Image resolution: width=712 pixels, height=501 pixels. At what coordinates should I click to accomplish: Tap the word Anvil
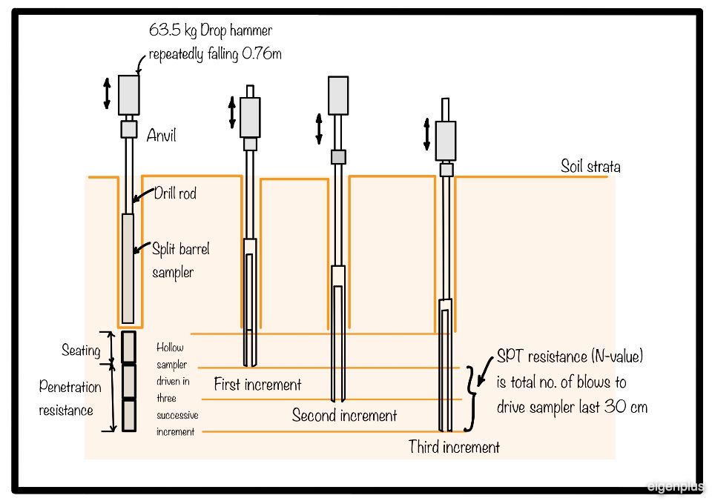(161, 136)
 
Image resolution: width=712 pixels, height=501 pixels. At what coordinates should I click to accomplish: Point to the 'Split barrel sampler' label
(180, 260)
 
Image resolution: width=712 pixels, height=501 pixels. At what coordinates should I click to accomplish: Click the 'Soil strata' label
(590, 166)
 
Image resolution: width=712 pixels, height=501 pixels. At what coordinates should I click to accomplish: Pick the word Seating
(81, 350)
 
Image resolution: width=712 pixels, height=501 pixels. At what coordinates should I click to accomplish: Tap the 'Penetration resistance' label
(70, 398)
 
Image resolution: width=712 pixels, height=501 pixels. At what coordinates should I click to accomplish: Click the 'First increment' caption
(257, 385)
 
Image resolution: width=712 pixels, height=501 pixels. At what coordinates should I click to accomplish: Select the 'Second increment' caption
(344, 415)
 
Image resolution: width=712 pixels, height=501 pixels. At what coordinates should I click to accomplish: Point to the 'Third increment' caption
(454, 447)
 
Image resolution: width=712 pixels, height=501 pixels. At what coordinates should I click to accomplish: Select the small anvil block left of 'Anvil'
(129, 129)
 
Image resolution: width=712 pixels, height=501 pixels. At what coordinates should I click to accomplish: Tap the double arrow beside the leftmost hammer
(107, 93)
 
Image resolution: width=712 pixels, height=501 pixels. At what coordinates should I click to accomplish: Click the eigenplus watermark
(675, 487)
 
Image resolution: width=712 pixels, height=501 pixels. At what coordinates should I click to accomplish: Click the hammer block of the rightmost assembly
(446, 141)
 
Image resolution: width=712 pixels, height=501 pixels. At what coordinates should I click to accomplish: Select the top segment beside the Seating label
(129, 347)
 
